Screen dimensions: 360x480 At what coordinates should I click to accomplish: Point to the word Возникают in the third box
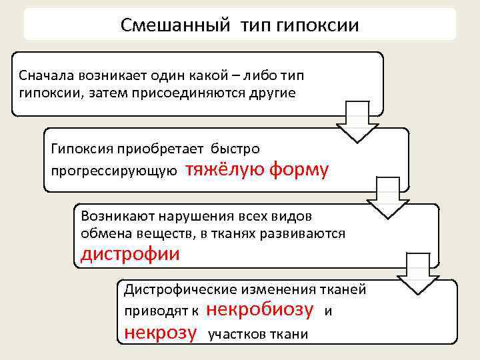(x=114, y=217)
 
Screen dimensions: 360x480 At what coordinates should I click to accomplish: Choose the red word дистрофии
(x=130, y=254)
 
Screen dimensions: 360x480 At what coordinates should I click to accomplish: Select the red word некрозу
(x=161, y=331)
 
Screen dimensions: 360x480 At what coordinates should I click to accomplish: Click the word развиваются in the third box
(x=308, y=233)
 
